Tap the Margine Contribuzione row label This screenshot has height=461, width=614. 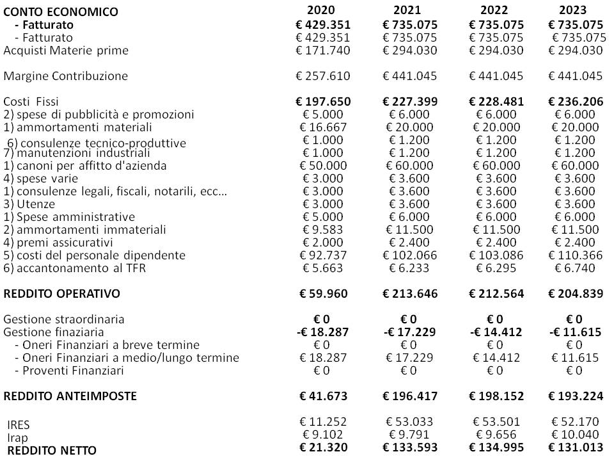[66, 76]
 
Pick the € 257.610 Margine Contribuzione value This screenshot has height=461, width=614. [323, 76]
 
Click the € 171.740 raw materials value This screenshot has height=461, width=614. [323, 51]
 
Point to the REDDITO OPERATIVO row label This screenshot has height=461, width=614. [62, 294]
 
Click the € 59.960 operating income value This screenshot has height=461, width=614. [323, 294]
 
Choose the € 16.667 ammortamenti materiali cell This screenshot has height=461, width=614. [323, 127]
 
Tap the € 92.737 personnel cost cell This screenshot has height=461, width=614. [323, 255]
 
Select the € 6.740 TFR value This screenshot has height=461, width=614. [575, 268]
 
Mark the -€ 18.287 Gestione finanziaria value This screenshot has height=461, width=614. [323, 332]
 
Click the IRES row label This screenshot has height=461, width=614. [19, 425]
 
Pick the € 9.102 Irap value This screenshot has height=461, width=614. [323, 437]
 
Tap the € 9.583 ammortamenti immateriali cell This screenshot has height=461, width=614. [323, 230]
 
